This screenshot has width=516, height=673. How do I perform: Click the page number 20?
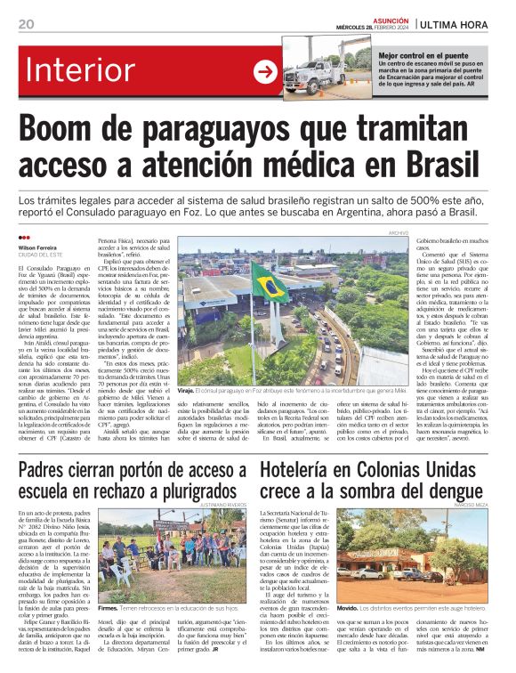pos(25,24)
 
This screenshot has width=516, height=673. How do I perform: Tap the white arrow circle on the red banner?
pos(265,72)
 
